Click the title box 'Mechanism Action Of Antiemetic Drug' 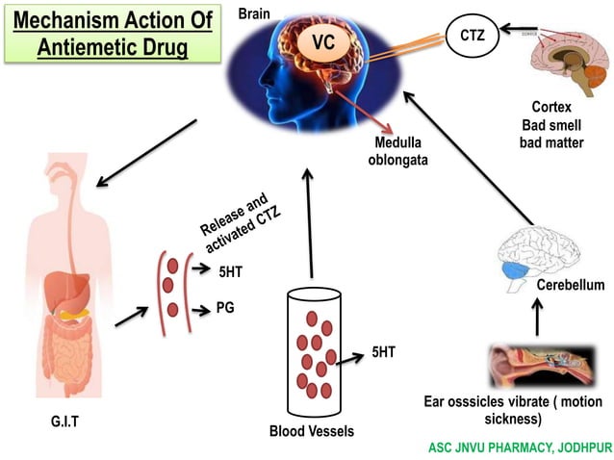pos(110,34)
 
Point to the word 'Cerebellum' pos(570,285)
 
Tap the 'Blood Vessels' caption pos(311,430)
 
